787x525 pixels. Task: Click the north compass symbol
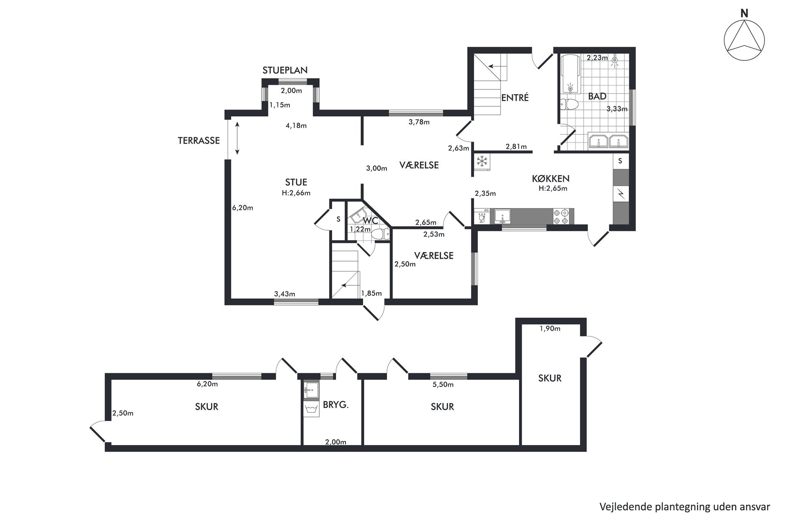pos(744,40)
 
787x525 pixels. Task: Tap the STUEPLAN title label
pos(285,70)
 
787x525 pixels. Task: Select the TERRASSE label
pos(199,140)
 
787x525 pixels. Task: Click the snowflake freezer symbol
pos(482,161)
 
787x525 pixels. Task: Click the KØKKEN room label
pos(551,179)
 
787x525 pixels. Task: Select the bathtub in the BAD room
pos(571,74)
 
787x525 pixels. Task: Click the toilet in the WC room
pos(380,235)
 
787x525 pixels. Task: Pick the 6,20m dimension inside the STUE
pos(242,208)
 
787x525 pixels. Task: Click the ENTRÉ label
pos(515,98)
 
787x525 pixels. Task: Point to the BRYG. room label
pos(336,405)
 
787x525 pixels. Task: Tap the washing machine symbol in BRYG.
pos(310,409)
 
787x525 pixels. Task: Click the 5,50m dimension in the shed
pos(443,385)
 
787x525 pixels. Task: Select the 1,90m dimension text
pos(550,329)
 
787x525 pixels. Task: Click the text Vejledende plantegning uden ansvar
pos(685,507)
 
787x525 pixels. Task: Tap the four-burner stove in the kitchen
pos(561,217)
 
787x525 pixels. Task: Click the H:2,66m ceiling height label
pos(296,193)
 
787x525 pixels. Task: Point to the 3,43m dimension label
pos(285,294)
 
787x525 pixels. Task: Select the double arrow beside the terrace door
pos(237,138)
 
